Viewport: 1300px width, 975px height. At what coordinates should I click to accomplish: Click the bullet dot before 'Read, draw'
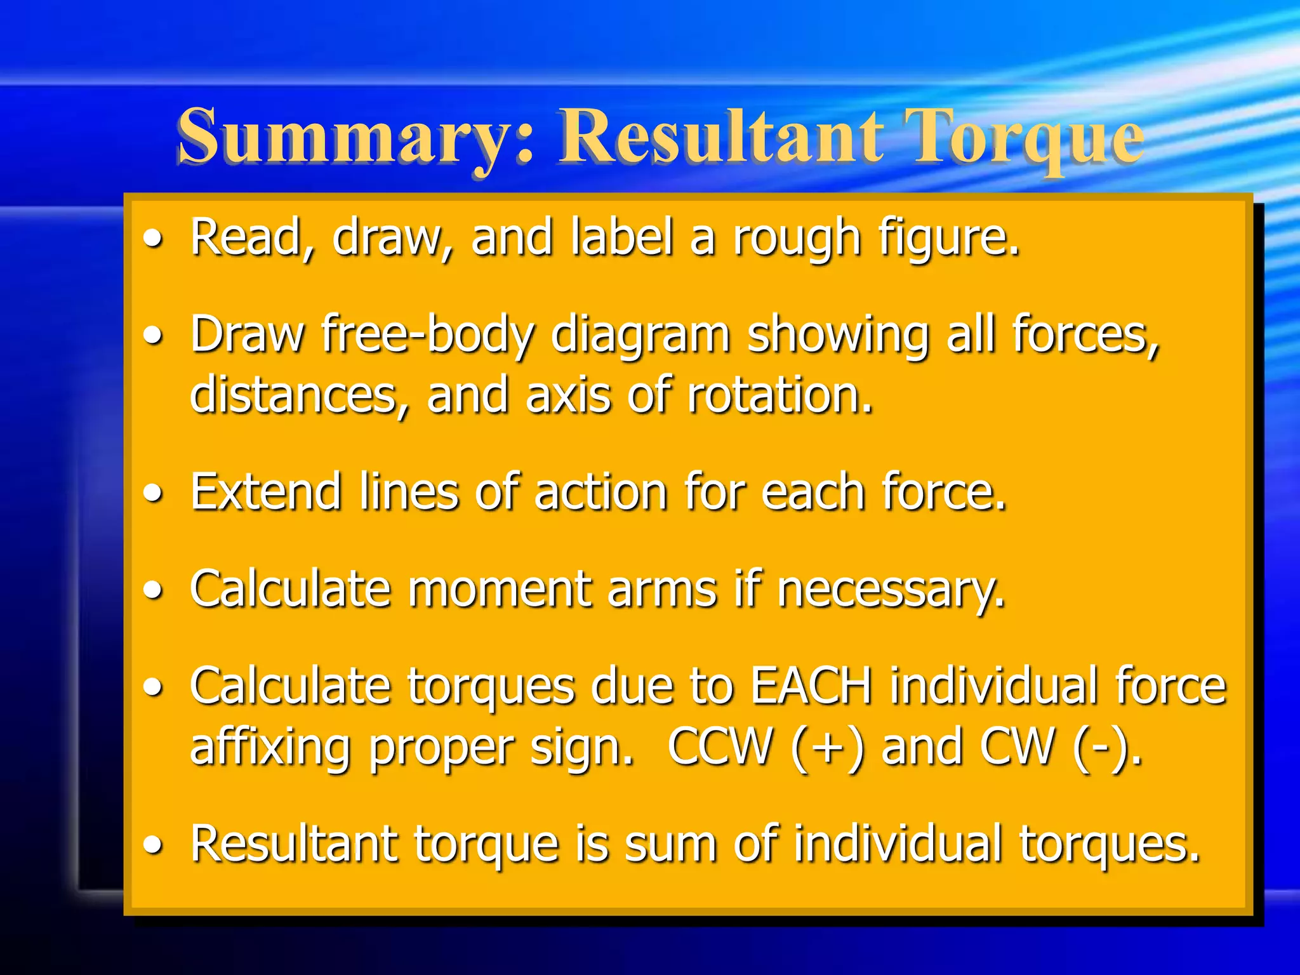click(153, 240)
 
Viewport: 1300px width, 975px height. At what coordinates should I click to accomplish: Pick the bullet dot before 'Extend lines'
click(153, 494)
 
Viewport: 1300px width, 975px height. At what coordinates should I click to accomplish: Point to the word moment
click(498, 589)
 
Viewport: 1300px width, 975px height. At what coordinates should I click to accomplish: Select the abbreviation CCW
click(720, 746)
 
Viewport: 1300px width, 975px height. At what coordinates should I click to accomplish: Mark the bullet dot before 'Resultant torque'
click(153, 846)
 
